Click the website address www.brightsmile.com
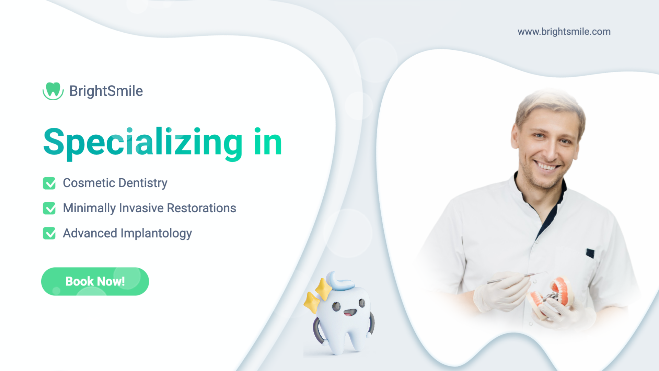click(564, 32)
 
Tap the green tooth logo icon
click(53, 91)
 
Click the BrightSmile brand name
click(106, 91)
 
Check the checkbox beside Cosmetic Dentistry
click(49, 183)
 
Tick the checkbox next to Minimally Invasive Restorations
click(49, 208)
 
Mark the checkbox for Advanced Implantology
click(49, 233)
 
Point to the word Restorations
click(201, 208)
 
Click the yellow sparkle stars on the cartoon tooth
click(317, 295)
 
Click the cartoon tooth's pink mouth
click(350, 313)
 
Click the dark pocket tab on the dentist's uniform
click(590, 253)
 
